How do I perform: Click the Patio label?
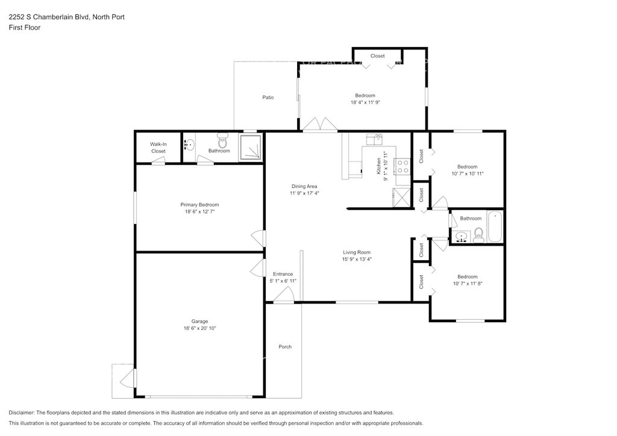tap(268, 98)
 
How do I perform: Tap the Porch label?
tap(285, 347)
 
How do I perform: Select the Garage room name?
tap(199, 322)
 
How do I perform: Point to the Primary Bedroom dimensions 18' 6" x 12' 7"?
tap(199, 211)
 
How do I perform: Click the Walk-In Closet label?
tap(158, 148)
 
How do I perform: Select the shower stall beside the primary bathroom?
tap(250, 147)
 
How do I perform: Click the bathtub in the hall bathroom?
tap(495, 227)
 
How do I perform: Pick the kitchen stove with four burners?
tap(402, 166)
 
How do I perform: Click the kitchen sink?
tap(375, 140)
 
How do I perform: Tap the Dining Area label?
tap(304, 186)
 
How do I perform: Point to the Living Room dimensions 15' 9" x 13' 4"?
tap(357, 259)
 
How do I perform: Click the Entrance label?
tap(283, 274)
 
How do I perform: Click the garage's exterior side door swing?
tap(128, 379)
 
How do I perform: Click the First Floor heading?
tap(24, 28)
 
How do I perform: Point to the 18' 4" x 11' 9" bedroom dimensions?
tap(365, 102)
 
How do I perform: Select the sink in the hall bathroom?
tap(461, 237)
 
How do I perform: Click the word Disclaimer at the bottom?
tap(21, 413)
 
